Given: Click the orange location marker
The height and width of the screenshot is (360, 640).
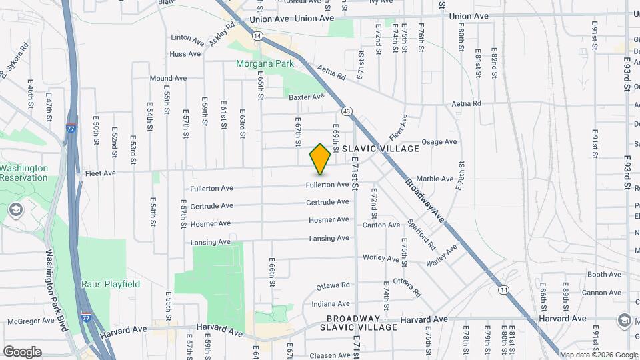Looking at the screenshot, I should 320,159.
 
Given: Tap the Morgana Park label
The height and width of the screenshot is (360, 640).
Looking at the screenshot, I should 265,64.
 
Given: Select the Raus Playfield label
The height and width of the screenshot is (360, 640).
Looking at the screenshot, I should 111,284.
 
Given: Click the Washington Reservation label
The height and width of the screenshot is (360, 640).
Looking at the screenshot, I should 24,173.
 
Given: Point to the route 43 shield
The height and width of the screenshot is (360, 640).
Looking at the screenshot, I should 347,111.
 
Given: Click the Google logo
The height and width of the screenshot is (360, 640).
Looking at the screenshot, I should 22,351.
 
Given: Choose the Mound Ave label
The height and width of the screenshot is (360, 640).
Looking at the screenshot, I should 168,78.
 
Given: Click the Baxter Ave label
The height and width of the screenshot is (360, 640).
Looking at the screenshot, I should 306,97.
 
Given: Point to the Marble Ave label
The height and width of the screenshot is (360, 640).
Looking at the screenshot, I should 435,179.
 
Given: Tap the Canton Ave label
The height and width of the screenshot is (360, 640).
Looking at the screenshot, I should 381,225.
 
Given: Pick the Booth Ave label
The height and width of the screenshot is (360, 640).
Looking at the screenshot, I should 605,274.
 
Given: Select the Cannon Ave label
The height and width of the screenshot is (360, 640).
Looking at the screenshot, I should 601,292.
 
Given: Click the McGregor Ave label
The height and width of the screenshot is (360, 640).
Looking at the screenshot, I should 29,321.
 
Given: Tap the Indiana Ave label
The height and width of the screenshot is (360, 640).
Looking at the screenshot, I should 331,303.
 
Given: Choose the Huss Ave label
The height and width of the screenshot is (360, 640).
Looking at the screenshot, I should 185,53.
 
